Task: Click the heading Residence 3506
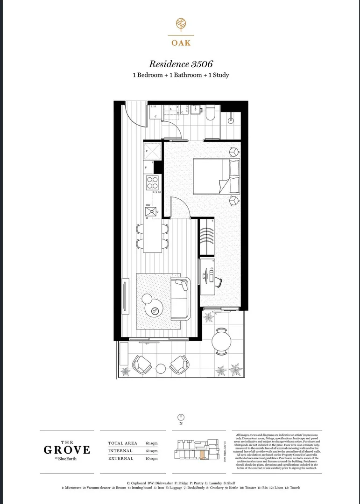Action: tap(181, 64)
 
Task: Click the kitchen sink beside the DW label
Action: tap(152, 211)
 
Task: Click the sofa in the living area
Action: tap(181, 299)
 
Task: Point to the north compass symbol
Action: tap(181, 417)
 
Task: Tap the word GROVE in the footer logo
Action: tap(67, 450)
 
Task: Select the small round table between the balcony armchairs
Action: tap(160, 369)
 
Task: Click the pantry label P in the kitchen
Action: tap(146, 167)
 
